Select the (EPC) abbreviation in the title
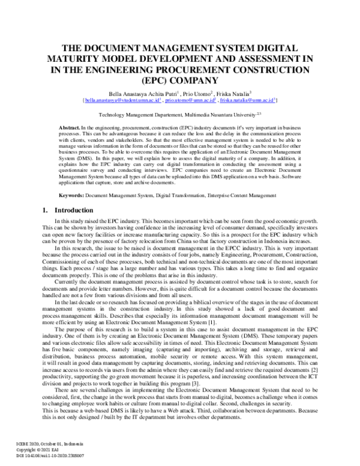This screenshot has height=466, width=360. [180, 83]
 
